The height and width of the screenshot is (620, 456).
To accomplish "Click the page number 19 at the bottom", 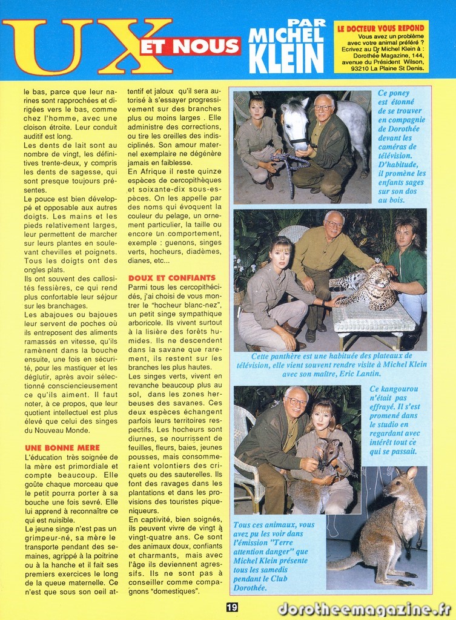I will click(232, 607).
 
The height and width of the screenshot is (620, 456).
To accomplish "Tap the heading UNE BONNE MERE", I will click(62, 447).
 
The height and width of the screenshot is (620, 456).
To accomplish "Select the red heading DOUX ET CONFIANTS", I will click(171, 277).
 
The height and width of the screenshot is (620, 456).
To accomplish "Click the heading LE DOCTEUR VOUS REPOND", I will click(381, 28).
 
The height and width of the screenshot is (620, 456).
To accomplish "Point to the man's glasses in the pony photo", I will click(323, 108).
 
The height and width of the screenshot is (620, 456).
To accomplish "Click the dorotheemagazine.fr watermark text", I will click(364, 608).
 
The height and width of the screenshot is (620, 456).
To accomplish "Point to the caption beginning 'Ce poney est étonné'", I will click(401, 145).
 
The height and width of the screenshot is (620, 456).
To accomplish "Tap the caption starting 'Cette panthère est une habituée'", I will click(330, 364).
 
